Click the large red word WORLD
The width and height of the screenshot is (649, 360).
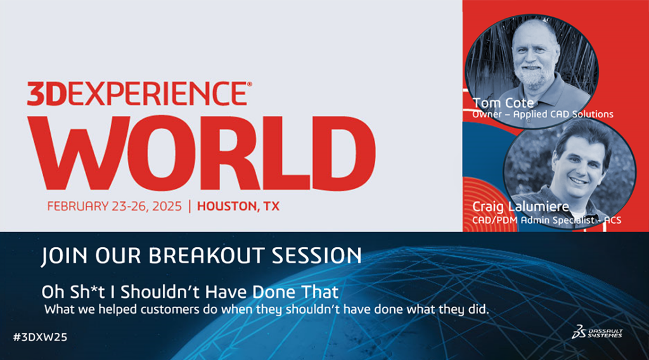[202, 153]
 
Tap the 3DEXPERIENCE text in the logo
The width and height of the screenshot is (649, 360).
[137, 94]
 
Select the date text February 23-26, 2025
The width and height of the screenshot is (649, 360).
[114, 206]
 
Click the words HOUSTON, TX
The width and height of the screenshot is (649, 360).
[238, 206]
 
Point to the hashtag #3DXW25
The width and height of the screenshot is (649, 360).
[40, 337]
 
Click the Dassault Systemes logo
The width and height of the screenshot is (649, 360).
[597, 332]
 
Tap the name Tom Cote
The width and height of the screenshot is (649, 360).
[503, 103]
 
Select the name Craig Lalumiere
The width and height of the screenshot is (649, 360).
[520, 207]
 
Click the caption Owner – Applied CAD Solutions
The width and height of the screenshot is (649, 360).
[543, 114]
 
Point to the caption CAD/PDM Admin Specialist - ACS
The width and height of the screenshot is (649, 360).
[546, 220]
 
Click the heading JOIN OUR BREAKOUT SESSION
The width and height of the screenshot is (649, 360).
[201, 255]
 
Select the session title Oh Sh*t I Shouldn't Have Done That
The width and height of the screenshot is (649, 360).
[190, 292]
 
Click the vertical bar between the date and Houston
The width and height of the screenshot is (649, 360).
[190, 206]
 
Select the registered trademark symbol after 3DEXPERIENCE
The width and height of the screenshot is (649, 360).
[249, 84]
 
